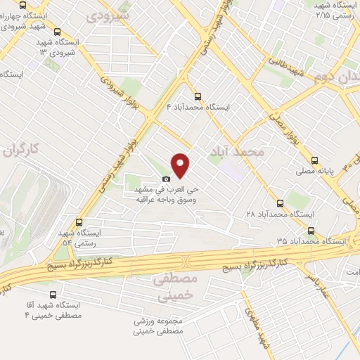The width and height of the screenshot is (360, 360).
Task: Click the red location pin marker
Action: pos(181,165)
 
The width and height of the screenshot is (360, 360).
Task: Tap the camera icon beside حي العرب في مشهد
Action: pos(166,179)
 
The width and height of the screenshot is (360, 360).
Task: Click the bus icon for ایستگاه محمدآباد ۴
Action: pos(197,96)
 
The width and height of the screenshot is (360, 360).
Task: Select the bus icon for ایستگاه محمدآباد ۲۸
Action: pos(281,202)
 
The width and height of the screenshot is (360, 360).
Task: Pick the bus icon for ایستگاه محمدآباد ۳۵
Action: pos(311,230)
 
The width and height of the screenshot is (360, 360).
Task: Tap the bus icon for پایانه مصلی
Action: pos(314,160)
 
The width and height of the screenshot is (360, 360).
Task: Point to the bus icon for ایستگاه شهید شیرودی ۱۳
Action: pos(57,32)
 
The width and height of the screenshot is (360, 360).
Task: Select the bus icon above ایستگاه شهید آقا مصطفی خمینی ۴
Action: pos(53,295)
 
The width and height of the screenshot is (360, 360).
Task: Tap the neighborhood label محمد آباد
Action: pos(238,151)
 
